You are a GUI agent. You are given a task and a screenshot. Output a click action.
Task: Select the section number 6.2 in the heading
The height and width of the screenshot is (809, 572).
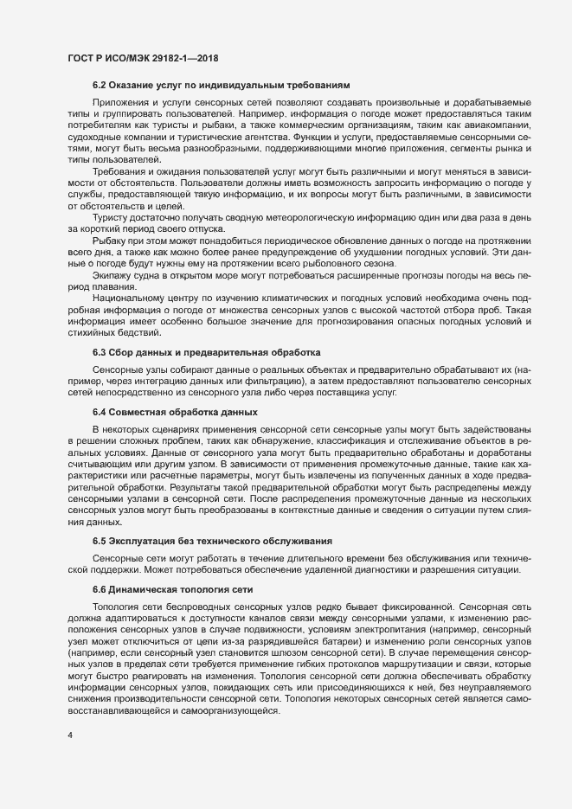point(100,87)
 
